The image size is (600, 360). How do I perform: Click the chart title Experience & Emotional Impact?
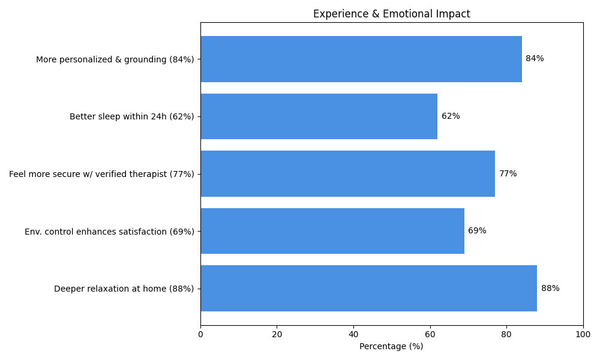click(391, 14)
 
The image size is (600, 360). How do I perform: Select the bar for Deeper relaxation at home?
click(368, 288)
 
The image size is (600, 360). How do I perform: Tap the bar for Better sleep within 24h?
click(319, 116)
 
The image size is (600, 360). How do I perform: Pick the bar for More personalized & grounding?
click(361, 59)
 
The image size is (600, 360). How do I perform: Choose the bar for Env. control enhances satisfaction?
click(332, 231)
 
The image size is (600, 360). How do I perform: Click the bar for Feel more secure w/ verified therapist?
click(347, 173)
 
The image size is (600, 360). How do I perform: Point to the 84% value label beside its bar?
click(535, 59)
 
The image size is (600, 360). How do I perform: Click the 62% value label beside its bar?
click(451, 116)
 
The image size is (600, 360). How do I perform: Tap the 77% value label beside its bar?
click(508, 173)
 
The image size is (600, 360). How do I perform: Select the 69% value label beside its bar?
click(477, 231)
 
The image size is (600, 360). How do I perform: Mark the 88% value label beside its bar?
click(550, 288)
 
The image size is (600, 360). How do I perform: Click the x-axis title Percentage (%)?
click(391, 346)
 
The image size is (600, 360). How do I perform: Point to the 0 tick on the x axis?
click(200, 334)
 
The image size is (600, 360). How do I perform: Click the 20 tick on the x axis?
click(277, 334)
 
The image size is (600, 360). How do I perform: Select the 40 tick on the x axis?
click(353, 334)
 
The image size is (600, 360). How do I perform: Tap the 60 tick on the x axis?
click(430, 334)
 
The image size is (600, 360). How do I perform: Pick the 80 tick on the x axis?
click(506, 334)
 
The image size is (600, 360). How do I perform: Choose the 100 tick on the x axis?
click(583, 334)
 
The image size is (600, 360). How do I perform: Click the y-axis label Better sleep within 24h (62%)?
click(131, 116)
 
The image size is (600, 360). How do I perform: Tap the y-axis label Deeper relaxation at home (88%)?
click(124, 289)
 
